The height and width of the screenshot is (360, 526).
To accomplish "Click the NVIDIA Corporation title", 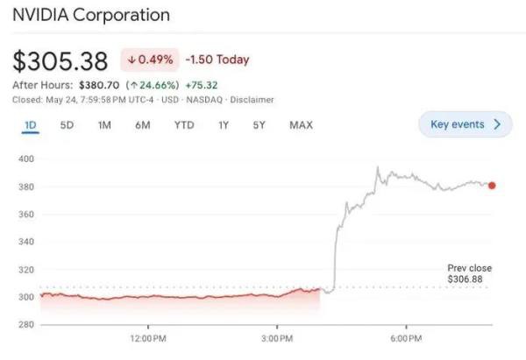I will coord(91,16).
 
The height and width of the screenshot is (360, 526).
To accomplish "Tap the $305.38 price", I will coord(60,61).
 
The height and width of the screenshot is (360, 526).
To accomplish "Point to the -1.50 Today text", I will coord(217,60).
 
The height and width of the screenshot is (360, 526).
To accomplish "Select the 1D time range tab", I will coord(31,125).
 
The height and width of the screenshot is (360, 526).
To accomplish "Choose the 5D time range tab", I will coord(67,125).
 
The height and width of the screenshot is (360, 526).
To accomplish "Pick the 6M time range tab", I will coord(143,125).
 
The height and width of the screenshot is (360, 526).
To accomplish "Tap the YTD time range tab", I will coord(183,125).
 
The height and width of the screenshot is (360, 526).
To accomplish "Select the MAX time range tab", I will coord(301,125).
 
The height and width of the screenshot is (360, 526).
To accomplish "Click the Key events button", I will coord(465,124).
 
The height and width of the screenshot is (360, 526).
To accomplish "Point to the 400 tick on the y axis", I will coord(25,159).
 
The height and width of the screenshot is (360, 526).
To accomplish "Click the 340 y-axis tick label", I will coord(25,242).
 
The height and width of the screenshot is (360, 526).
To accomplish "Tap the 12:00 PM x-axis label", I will coord(147,338).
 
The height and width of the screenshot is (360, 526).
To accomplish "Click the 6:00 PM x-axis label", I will coord(407,338).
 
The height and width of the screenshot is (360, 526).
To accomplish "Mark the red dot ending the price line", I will coord(492,186).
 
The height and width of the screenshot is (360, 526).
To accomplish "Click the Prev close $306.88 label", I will coord(470,273).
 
